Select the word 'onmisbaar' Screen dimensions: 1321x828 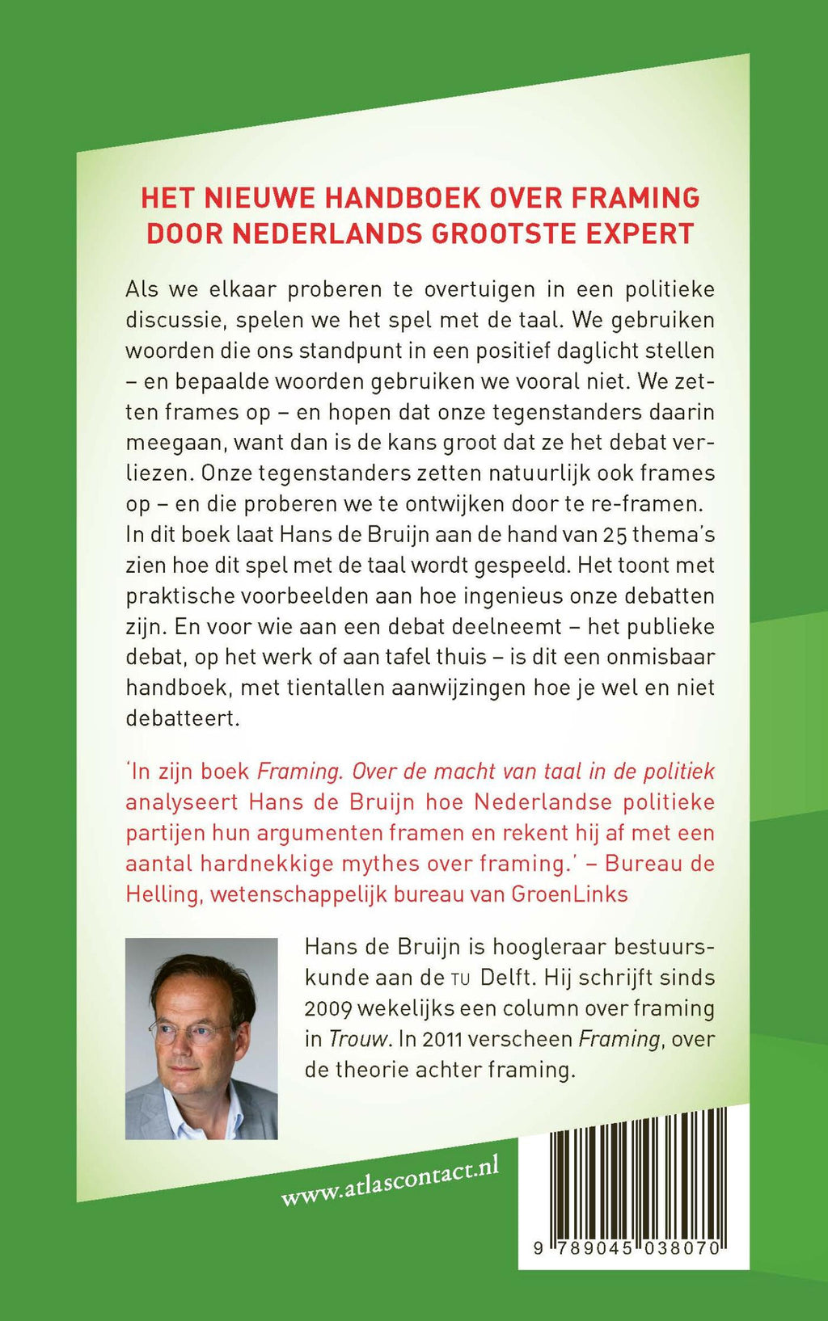659,658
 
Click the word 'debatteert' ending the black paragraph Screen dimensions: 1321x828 183,718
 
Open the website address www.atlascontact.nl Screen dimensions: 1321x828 390,1182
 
